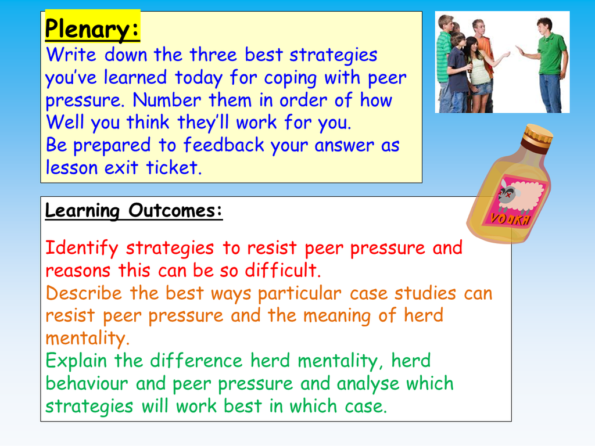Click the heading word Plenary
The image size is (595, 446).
[x=92, y=29]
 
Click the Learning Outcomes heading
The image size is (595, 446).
[x=134, y=211]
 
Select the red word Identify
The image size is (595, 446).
[x=82, y=249]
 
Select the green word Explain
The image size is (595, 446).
[x=77, y=361]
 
